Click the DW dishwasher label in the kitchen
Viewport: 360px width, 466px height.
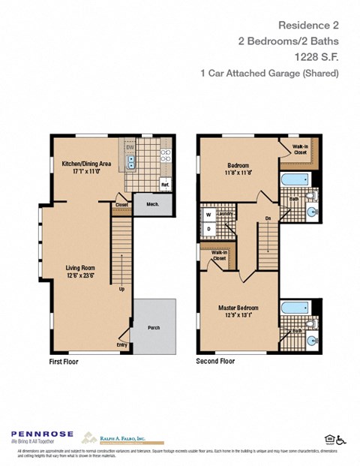pyautogui.click(x=130, y=147)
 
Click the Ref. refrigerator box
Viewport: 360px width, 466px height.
pyautogui.click(x=164, y=184)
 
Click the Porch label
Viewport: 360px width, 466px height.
pyautogui.click(x=154, y=326)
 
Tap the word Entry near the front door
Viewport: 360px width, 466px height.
pyautogui.click(x=122, y=344)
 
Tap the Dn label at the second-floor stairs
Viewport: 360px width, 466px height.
pyautogui.click(x=268, y=218)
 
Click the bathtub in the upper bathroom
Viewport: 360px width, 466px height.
pyautogui.click(x=294, y=180)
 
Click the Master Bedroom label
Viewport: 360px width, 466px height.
pyautogui.click(x=239, y=308)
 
